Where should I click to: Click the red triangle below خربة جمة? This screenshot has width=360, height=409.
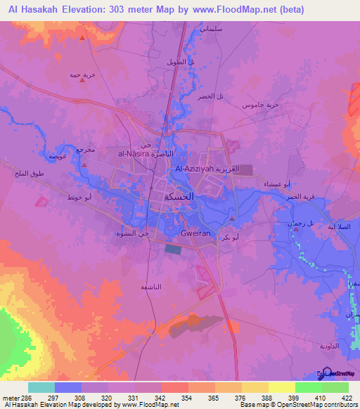83,79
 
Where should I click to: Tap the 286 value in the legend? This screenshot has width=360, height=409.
18,398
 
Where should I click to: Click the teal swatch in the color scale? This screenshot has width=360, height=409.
41,387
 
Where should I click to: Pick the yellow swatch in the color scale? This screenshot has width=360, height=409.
282,387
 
